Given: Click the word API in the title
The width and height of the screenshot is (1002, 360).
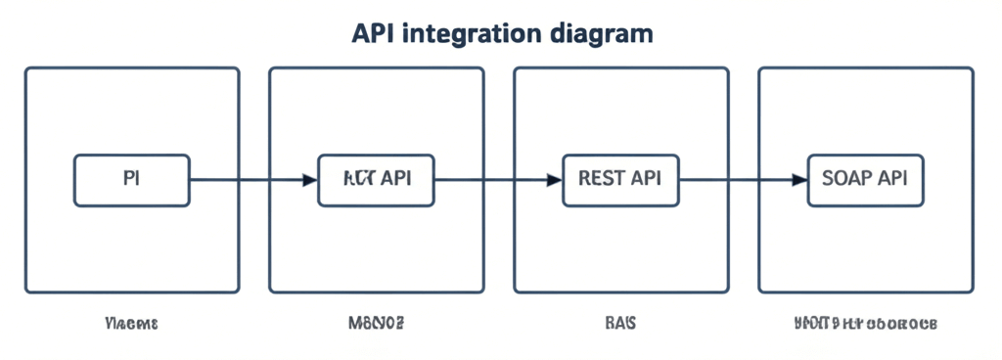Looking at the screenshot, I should pyautogui.click(x=373, y=33).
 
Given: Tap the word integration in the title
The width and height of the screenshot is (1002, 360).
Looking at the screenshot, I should pyautogui.click(x=466, y=33).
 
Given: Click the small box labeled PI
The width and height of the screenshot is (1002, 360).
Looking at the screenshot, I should pyautogui.click(x=132, y=180).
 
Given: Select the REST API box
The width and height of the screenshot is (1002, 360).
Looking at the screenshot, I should pyautogui.click(x=620, y=180).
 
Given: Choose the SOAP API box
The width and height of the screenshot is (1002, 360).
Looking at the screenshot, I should pyautogui.click(x=865, y=180).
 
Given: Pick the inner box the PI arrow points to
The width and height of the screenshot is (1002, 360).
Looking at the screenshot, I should pyautogui.click(x=377, y=180).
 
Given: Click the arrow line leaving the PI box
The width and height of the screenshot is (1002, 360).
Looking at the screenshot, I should pyautogui.click(x=245, y=180).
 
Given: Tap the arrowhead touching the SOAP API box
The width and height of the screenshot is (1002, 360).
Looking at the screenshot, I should pyautogui.click(x=799, y=180).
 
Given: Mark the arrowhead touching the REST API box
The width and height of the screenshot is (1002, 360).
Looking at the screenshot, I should pyautogui.click(x=555, y=180).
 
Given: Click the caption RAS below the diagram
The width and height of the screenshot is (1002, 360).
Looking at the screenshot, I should pyautogui.click(x=620, y=322).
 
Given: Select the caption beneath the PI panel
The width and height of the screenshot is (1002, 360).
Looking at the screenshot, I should pyautogui.click(x=131, y=322).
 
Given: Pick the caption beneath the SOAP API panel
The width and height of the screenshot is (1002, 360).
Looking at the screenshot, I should pyautogui.click(x=865, y=322).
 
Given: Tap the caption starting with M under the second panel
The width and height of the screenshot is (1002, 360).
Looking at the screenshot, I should pyautogui.click(x=376, y=322).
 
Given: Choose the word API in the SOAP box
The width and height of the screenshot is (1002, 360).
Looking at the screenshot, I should pyautogui.click(x=892, y=179).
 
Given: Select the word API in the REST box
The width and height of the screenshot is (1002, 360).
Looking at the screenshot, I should pyautogui.click(x=646, y=179).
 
